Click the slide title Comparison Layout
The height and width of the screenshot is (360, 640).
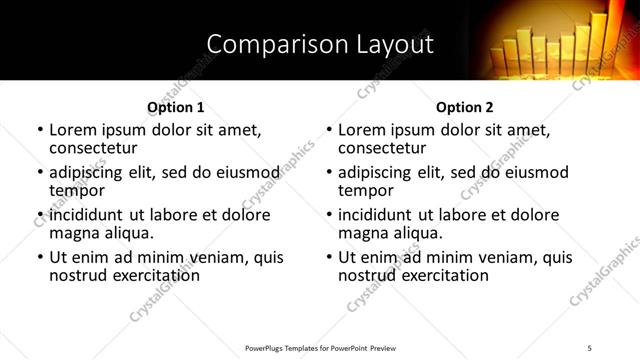(320, 44)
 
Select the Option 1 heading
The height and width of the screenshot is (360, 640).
(176, 107)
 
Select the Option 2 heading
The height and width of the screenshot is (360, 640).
(465, 107)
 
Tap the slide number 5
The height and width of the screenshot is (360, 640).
(590, 347)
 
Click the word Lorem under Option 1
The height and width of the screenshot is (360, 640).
(73, 130)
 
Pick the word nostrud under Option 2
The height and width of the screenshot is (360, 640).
(366, 274)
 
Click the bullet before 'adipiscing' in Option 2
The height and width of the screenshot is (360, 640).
(329, 173)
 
